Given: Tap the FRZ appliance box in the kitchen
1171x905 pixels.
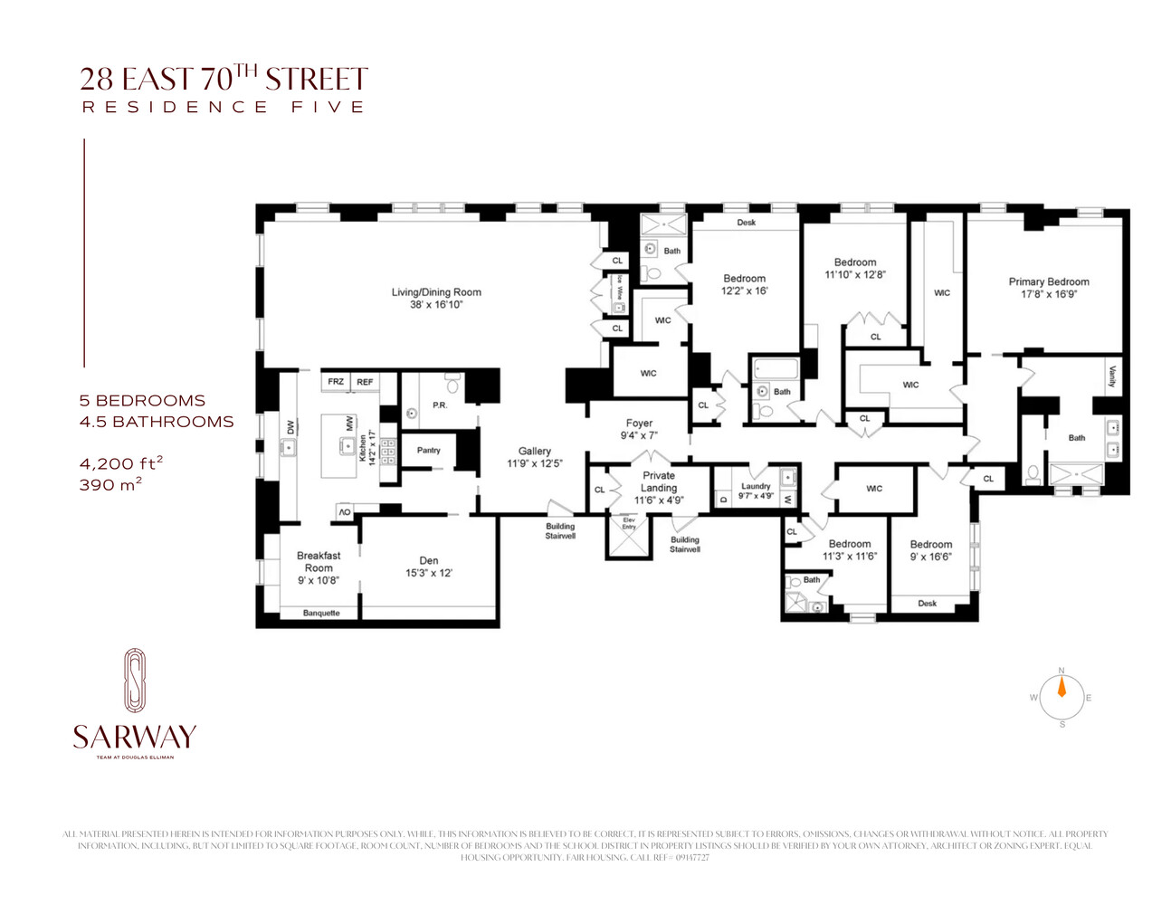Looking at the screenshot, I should click(336, 382).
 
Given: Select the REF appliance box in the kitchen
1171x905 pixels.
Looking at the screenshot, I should click(365, 382).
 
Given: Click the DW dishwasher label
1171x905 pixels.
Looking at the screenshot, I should click(290, 427).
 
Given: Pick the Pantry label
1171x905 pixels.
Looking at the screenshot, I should click(428, 450).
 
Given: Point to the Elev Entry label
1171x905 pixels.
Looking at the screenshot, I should click(629, 523).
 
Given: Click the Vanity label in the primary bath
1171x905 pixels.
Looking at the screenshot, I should click(1111, 376).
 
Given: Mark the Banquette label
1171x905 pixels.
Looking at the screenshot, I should click(321, 613).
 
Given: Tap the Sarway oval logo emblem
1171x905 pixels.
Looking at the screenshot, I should click(134, 681).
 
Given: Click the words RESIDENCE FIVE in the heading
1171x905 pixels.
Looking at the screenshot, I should click(224, 107).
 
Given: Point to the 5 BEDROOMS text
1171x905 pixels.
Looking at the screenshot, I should click(142, 400).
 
